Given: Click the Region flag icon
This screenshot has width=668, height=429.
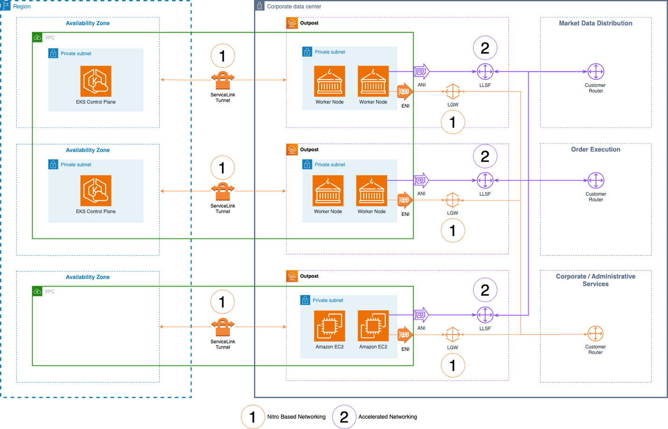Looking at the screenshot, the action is (5, 6).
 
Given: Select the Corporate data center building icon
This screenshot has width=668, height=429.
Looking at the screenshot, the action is (260, 6).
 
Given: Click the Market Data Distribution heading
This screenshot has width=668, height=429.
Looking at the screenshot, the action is (596, 23).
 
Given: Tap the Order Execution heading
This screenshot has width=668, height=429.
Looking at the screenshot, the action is (596, 150).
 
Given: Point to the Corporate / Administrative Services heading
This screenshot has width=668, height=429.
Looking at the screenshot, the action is (596, 280).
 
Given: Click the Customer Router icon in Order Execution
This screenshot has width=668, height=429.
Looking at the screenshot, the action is (596, 180).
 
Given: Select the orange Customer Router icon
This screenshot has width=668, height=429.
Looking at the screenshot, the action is (596, 334).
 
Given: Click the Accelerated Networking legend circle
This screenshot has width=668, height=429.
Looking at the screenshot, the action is (344, 417).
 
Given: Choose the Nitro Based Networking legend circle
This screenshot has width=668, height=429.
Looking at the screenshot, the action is (253, 417).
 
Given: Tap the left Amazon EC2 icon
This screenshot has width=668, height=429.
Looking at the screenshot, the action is (329, 326).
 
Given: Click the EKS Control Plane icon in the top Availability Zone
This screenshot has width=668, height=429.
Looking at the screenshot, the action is (96, 81).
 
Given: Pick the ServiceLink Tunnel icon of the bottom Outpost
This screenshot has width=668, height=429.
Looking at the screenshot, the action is (223, 327).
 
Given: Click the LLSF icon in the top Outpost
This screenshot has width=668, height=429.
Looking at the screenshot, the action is (485, 71).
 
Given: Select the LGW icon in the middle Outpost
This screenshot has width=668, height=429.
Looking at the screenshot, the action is (453, 200).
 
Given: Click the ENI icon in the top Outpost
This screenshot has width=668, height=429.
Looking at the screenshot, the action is (405, 91).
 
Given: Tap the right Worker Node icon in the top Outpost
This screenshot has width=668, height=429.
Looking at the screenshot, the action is (373, 81).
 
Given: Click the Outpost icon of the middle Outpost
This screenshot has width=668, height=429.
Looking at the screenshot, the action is (292, 150).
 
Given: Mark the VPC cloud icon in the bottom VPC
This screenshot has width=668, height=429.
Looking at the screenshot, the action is (37, 292).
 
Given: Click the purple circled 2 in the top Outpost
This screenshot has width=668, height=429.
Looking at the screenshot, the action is (485, 48).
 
